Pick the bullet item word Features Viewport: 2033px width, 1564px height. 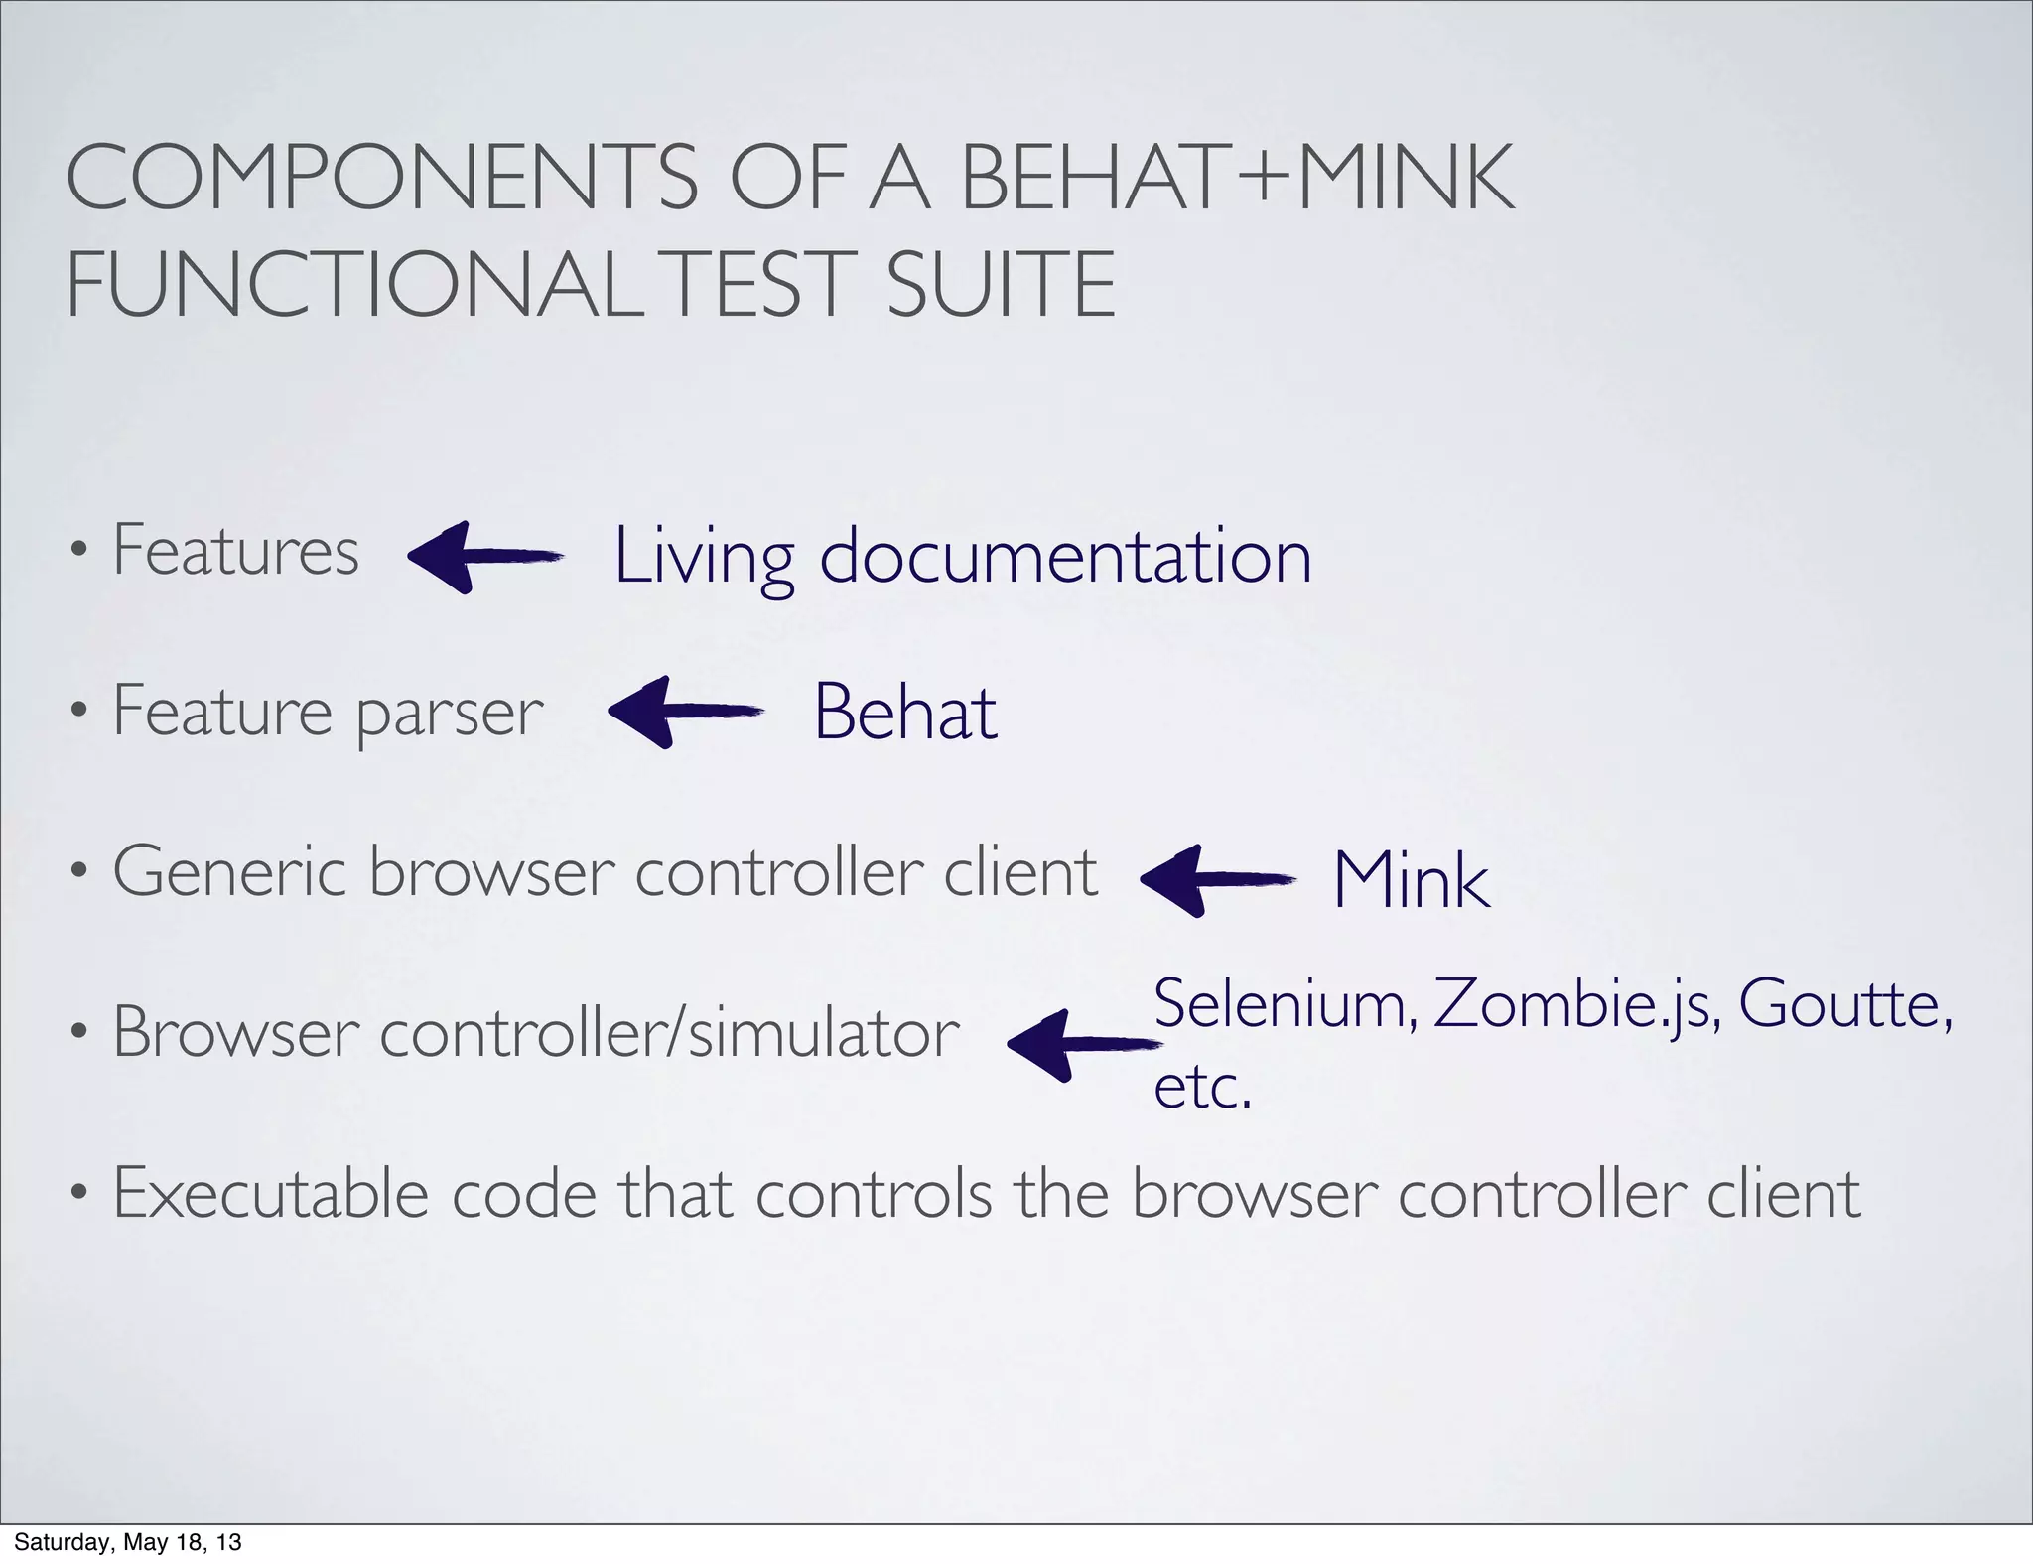click(x=235, y=550)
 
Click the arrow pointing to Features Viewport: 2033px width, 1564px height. click(x=484, y=557)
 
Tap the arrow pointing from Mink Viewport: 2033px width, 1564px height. click(x=1216, y=879)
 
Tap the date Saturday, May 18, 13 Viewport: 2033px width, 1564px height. click(x=128, y=1542)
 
